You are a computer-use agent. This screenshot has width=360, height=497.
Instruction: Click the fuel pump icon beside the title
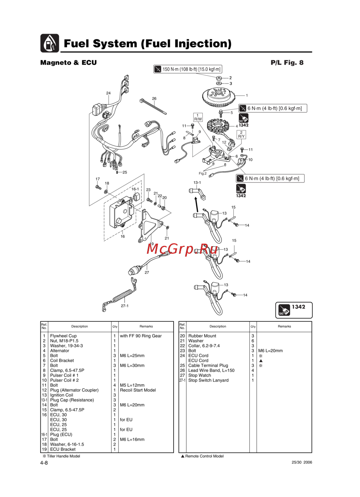[50, 43]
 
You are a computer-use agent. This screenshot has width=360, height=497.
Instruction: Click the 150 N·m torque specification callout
[188, 69]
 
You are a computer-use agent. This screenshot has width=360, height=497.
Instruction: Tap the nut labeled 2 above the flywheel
[219, 78]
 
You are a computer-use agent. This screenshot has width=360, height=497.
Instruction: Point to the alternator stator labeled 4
[220, 126]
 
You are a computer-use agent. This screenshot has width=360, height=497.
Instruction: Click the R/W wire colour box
[198, 117]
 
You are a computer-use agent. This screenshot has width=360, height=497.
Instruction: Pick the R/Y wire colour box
[241, 135]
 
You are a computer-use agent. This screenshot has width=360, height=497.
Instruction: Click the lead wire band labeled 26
[153, 106]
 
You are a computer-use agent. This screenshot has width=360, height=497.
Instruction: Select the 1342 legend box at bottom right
[294, 310]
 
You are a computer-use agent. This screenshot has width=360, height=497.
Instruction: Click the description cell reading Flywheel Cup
[63, 336]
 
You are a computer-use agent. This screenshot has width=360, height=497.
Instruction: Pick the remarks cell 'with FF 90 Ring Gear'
[141, 336]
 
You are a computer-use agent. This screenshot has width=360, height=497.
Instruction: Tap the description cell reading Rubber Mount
[202, 336]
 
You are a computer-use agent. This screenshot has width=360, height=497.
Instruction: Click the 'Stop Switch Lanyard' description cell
[208, 380]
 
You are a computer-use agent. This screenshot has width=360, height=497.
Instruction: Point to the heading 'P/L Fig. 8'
[287, 63]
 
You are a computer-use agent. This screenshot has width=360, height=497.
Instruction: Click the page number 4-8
[44, 463]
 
